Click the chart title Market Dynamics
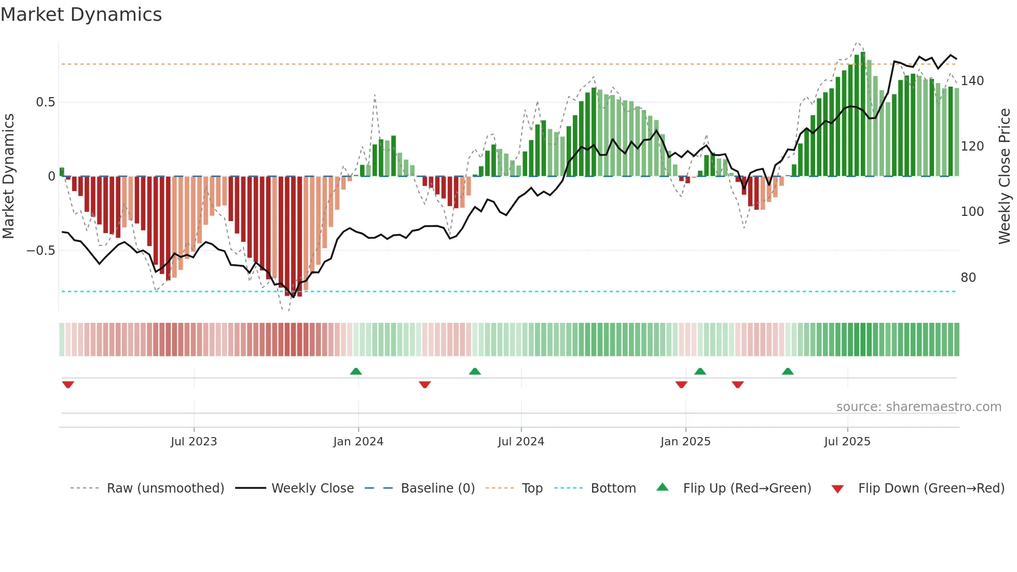pos(81,15)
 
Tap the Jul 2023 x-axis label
pos(194,442)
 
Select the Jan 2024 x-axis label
pos(358,442)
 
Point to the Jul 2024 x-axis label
pos(521,442)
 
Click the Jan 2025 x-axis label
pos(685,442)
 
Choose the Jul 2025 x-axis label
pos(847,442)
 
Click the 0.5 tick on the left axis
pos(45,102)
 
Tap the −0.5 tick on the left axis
pos(41,251)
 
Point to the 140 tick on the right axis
pos(972,81)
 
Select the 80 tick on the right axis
pos(968,278)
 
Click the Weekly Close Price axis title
pos(1005,176)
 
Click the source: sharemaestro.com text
pos(918,407)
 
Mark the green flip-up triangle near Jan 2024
pos(356,372)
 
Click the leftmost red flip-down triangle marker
pos(68,385)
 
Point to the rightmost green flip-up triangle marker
pos(788,372)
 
